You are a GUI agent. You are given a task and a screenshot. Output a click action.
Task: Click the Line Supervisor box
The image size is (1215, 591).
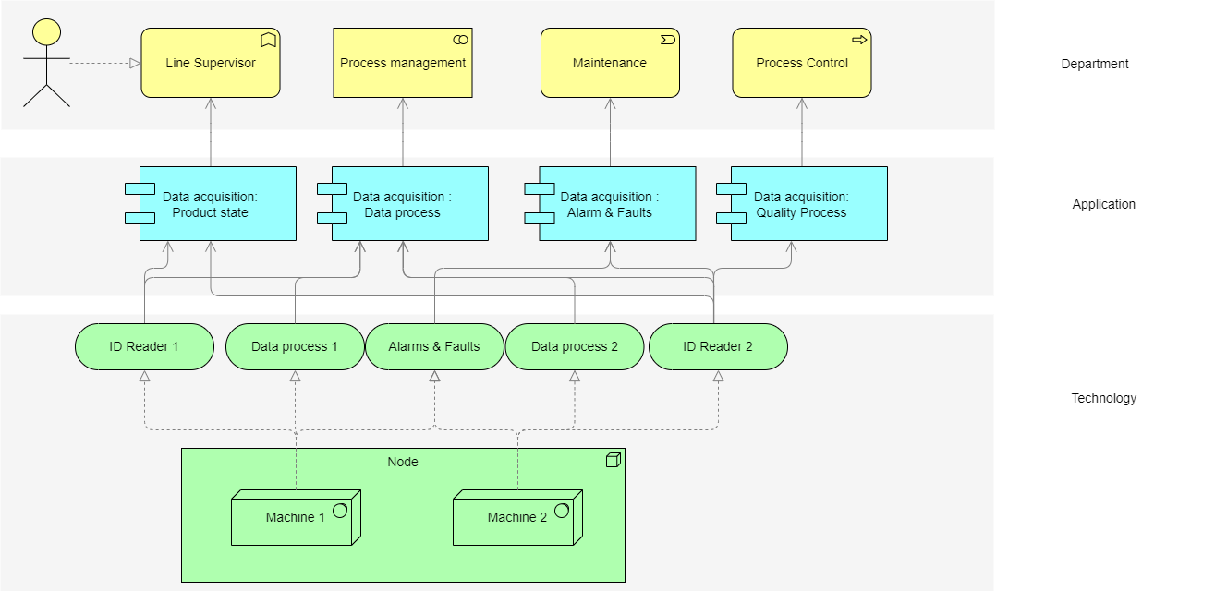coord(211,63)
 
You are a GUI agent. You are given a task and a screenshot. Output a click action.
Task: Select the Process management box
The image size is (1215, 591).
coord(403,63)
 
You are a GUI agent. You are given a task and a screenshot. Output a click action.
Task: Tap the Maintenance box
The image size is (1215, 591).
coord(610,63)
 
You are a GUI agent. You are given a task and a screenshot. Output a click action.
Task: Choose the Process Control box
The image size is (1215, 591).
coord(802,63)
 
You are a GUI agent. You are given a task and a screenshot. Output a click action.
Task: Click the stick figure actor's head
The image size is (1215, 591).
coord(45,31)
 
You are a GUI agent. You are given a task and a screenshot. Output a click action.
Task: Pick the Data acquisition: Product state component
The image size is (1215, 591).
coord(217,204)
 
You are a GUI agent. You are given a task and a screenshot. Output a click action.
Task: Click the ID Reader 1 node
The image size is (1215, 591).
coord(144,346)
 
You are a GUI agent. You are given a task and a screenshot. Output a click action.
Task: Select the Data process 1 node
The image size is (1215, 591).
coord(295,346)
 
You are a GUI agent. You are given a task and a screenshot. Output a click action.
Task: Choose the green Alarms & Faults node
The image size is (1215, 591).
coord(434,346)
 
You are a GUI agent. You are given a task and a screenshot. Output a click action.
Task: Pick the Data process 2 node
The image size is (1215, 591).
coord(575,346)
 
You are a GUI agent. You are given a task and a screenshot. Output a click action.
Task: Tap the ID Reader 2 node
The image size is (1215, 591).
coord(718,346)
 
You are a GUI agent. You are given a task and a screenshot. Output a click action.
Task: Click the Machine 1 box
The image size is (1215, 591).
coord(295,517)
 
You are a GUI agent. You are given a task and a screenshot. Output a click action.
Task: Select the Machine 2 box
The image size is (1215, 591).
coord(516,517)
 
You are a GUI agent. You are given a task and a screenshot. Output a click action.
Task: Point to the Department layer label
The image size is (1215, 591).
coord(1095,64)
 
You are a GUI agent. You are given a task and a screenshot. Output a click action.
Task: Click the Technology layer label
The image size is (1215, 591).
coord(1103,398)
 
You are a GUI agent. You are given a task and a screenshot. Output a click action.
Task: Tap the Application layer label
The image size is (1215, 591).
coord(1103,204)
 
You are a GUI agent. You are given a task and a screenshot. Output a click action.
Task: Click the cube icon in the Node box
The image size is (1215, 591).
coord(612,460)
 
